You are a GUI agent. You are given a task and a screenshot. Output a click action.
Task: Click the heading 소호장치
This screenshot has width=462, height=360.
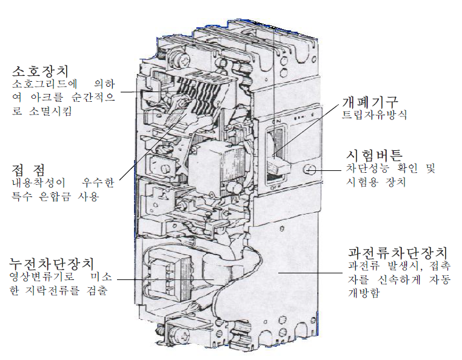tap(41, 71)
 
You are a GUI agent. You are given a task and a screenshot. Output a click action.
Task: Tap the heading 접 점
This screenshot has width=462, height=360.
tap(28, 170)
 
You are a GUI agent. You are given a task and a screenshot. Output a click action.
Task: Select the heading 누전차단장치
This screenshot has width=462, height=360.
tap(52, 264)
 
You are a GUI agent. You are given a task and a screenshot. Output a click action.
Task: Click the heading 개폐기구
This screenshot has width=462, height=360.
tap(370, 102)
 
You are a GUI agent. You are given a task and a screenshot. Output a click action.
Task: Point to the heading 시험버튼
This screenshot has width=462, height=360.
tap(374, 155)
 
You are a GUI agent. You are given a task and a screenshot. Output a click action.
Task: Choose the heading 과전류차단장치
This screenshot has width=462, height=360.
tap(398, 253)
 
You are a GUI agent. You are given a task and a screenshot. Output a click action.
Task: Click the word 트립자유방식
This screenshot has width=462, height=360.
tap(374, 115)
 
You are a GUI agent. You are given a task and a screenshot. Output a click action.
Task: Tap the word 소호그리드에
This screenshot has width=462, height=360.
tap(44, 84)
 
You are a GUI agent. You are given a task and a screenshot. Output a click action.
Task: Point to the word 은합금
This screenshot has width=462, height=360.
tap(55, 196)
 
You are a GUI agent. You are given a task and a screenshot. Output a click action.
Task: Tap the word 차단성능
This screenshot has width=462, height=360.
tap(367, 168)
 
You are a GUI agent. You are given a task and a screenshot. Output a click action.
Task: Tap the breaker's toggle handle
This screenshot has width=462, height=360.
tap(278, 166)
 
